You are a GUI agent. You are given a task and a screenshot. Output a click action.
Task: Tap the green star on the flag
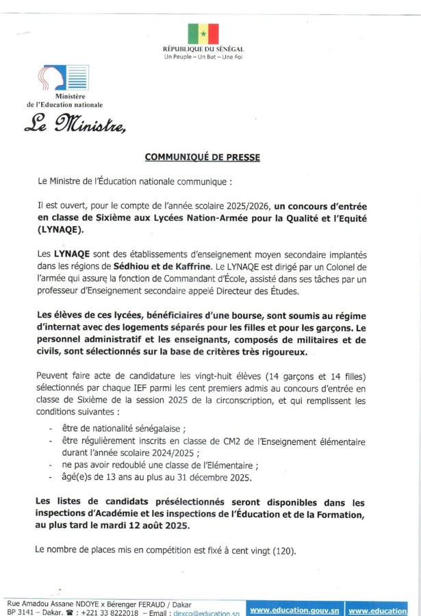(203, 33)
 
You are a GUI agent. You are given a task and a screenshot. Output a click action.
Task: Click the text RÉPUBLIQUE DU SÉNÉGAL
(203, 50)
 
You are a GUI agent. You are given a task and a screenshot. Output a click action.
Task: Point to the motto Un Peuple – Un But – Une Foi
(203, 57)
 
